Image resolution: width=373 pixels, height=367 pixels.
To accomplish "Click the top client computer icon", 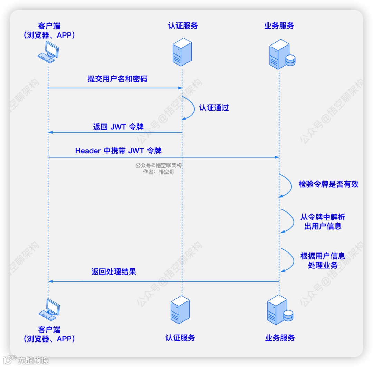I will pos(48,52).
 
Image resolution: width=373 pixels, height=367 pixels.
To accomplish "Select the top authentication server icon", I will pos(182,52).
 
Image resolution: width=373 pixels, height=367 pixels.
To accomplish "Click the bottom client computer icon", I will pos(49,309).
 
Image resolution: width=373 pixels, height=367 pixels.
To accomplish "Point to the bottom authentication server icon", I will pos(180,309).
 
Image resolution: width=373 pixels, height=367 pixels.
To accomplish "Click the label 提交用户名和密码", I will pos(117,79).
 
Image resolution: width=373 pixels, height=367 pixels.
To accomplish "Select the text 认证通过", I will pos(214,108).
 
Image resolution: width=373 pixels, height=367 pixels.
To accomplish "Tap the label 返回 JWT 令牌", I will pos(118,127).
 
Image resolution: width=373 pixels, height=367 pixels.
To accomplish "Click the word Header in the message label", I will pos(88,151).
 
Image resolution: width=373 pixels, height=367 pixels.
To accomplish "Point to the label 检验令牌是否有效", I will pos(328,184).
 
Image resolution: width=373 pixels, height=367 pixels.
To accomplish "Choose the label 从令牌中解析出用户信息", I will pos(323,222).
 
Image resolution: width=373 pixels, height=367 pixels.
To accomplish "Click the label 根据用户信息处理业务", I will pos(323,261).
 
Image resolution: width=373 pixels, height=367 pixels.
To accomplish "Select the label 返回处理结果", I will pos(114,271).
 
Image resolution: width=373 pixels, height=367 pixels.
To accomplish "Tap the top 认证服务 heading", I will pos(183,26).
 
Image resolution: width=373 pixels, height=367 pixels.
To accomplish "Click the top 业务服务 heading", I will pos(279,26).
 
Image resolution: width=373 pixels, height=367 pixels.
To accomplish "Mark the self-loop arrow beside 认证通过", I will pos(190,108).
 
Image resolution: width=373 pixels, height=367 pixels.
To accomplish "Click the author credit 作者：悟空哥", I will pos(159,172).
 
